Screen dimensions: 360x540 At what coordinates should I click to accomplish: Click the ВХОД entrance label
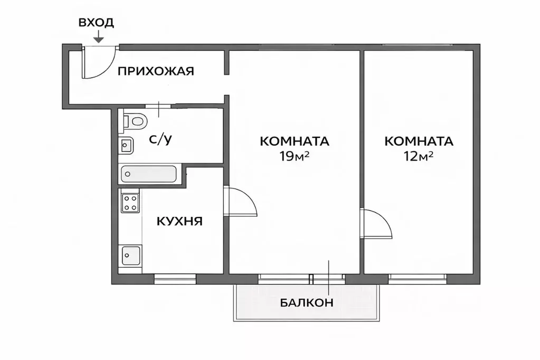tap(96, 23)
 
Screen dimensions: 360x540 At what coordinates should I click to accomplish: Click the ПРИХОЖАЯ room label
tap(156, 71)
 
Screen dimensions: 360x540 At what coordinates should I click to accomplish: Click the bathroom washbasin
tap(127, 144)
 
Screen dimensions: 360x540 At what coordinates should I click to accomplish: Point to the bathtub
tap(149, 174)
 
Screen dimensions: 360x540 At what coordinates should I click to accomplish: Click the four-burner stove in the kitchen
tap(130, 203)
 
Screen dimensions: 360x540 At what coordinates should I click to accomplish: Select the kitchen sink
tap(130, 255)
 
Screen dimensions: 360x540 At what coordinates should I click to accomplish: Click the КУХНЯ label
tap(180, 221)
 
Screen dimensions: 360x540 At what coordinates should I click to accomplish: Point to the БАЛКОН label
tap(307, 303)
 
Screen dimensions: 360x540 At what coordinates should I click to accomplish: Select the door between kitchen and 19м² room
tap(240, 202)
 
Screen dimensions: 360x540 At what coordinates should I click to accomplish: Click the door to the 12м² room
tap(376, 224)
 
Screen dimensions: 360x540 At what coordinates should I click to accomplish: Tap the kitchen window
tap(175, 278)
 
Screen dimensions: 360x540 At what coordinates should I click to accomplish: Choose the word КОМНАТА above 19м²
tap(295, 141)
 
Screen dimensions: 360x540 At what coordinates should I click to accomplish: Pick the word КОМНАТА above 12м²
tap(419, 141)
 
